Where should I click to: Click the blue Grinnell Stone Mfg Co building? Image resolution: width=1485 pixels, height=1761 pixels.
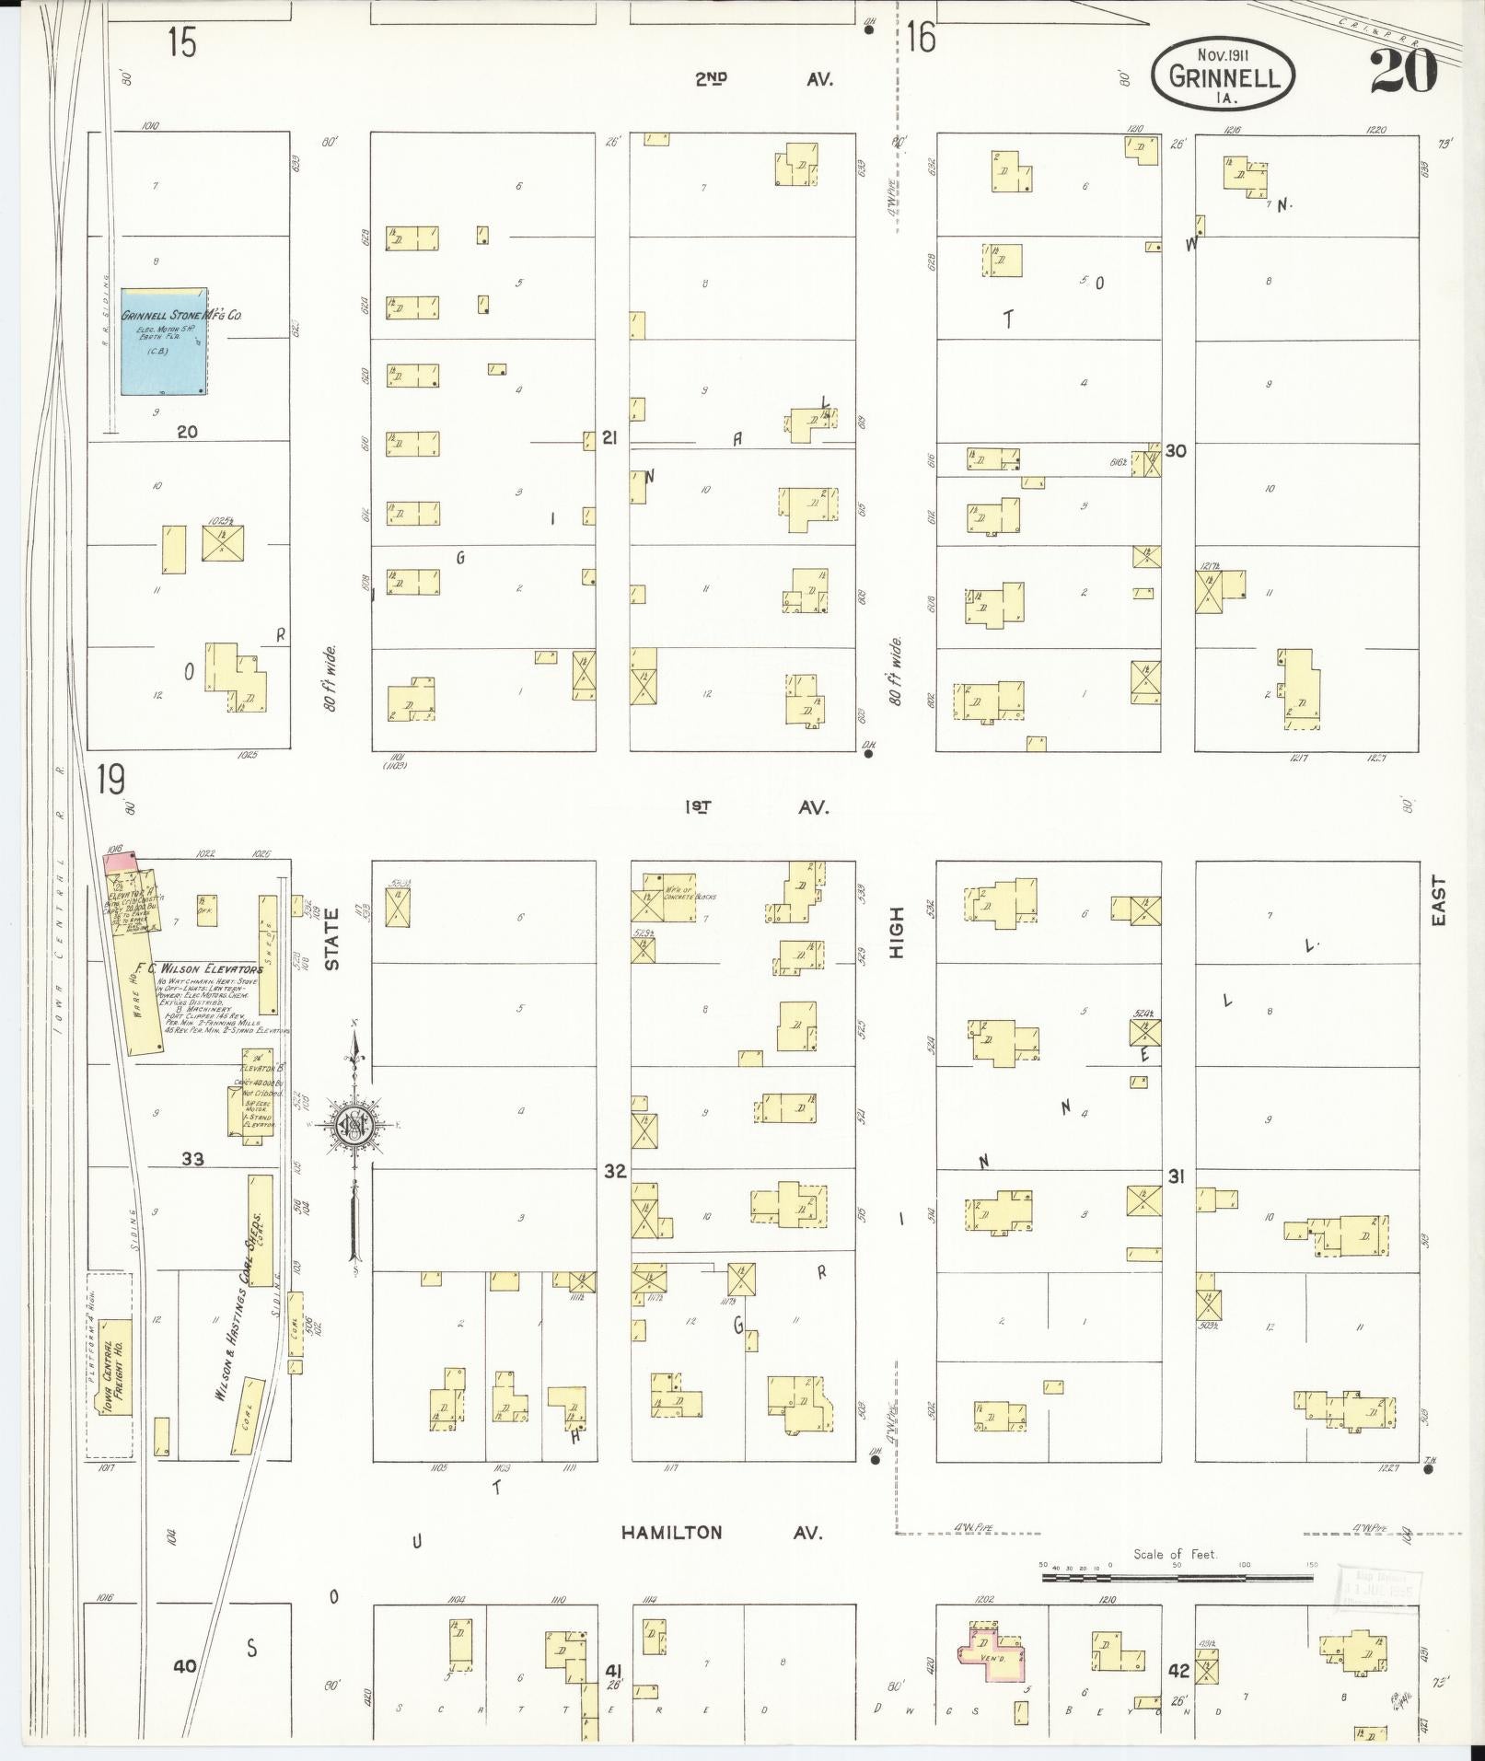point(164,341)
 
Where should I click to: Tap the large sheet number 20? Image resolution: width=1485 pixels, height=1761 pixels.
point(1403,71)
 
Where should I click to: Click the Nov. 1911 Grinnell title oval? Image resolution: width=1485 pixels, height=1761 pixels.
point(1224,74)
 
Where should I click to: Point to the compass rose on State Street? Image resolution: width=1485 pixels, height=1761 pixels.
point(354,1123)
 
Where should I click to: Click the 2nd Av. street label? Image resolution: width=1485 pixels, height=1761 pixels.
point(764,80)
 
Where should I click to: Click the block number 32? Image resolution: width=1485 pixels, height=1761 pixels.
point(614,1171)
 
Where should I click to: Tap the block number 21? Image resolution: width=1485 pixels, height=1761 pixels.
point(609,438)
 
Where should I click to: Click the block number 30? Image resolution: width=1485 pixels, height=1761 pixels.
point(1176,451)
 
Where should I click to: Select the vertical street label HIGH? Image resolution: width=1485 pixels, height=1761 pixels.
point(898,932)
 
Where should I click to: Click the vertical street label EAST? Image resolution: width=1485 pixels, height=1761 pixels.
point(1439,900)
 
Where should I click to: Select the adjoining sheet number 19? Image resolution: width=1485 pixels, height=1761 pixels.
point(110,781)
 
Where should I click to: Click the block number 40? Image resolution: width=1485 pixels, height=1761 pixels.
point(185,1665)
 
